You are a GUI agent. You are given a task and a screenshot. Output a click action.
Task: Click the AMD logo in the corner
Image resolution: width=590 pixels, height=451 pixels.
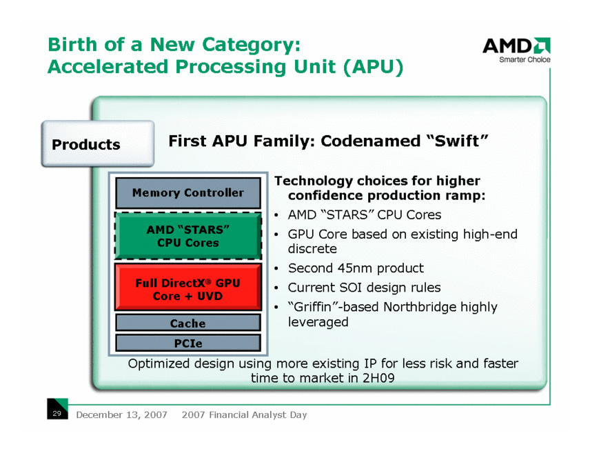517,46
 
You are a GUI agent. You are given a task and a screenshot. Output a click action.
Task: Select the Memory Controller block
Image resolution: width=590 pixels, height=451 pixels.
188,193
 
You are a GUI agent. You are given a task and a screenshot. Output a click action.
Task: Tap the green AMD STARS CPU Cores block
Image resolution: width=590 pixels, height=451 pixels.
188,236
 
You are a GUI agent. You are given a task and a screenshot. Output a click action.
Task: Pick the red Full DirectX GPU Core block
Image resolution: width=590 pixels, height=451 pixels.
188,288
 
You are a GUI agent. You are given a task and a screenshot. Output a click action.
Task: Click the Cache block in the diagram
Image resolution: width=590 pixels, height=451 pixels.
188,323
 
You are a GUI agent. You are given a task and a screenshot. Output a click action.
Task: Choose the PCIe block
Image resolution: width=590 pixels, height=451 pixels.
188,343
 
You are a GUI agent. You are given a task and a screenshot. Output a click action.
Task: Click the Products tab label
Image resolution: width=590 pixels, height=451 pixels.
86,145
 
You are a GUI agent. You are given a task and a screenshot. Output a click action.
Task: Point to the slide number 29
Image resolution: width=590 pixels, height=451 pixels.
57,413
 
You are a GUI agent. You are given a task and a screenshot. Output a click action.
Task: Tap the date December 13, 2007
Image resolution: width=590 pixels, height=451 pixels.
121,414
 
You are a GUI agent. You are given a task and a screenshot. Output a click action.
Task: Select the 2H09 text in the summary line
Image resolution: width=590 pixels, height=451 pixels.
378,378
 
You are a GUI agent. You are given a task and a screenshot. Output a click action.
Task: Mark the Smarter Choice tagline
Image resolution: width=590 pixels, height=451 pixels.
525,59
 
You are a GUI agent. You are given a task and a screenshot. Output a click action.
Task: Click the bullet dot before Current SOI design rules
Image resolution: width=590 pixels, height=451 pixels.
276,288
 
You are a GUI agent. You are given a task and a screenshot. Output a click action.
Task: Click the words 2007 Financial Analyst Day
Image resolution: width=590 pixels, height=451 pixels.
245,414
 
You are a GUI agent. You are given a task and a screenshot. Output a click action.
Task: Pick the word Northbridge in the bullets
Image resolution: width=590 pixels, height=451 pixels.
415,307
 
